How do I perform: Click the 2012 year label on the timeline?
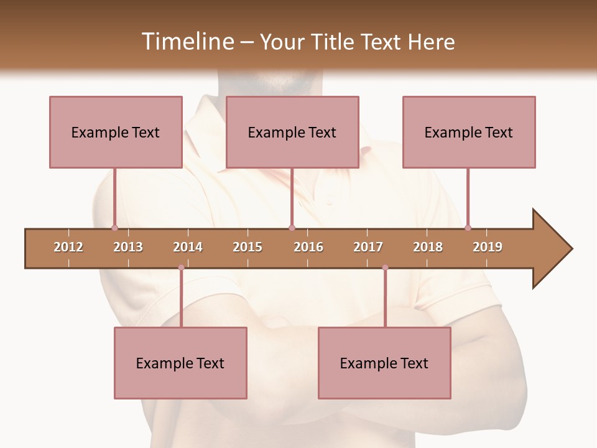[68, 247]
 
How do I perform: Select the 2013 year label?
[128, 247]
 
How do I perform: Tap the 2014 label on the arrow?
[188, 247]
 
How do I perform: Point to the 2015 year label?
[248, 247]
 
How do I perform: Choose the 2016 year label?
[308, 247]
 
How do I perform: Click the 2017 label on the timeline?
[368, 247]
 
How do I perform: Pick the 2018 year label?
[428, 247]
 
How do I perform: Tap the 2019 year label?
[488, 247]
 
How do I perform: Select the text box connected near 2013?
[116, 132]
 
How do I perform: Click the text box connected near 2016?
[292, 132]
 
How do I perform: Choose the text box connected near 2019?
[469, 132]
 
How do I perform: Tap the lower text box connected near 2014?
[180, 363]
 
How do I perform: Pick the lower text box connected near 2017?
[384, 363]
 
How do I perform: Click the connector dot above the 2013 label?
[114, 228]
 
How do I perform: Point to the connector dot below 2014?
[181, 268]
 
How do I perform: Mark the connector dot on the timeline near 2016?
[292, 228]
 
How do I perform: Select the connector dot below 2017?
[385, 268]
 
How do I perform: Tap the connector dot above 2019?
[468, 228]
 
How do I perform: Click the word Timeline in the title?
[187, 42]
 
